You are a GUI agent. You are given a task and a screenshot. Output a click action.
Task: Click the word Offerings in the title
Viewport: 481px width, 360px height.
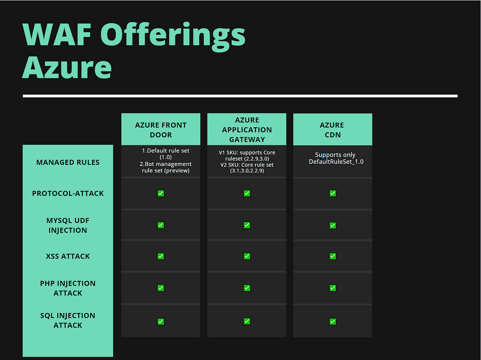click(x=173, y=35)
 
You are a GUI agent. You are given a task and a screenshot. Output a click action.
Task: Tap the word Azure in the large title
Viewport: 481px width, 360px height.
click(x=67, y=67)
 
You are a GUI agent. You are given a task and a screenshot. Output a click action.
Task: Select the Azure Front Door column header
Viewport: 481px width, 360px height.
click(x=161, y=130)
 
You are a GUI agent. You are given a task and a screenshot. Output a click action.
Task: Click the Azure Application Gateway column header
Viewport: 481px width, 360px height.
click(x=247, y=129)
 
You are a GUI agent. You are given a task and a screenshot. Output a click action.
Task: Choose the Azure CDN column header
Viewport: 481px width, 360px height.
click(x=332, y=130)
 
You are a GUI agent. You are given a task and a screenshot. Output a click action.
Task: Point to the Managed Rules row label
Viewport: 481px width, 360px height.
click(x=68, y=162)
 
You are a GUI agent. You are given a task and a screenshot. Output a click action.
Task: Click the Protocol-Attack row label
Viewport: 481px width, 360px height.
click(x=68, y=193)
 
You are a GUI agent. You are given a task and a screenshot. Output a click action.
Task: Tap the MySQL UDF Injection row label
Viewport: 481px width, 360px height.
click(x=68, y=225)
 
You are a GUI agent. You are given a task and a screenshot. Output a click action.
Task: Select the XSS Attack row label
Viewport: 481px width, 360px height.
click(x=68, y=256)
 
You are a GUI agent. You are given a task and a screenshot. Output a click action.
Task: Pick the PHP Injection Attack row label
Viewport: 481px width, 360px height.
click(x=68, y=288)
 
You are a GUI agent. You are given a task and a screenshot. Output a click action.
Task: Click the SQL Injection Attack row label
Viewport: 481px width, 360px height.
click(x=68, y=320)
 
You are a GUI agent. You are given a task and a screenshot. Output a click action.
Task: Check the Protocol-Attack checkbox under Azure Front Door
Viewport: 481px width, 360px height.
click(x=161, y=193)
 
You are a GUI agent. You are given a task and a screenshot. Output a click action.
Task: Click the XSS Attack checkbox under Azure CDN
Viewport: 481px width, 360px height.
click(x=333, y=256)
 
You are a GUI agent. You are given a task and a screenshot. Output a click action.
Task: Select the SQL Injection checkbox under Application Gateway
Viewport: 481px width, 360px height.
click(x=247, y=321)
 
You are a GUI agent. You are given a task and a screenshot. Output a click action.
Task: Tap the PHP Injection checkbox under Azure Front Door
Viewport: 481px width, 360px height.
click(x=161, y=288)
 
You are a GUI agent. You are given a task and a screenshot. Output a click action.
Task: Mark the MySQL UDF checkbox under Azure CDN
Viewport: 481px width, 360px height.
click(x=333, y=225)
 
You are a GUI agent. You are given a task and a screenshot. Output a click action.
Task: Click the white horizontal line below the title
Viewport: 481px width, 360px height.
click(x=240, y=96)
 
